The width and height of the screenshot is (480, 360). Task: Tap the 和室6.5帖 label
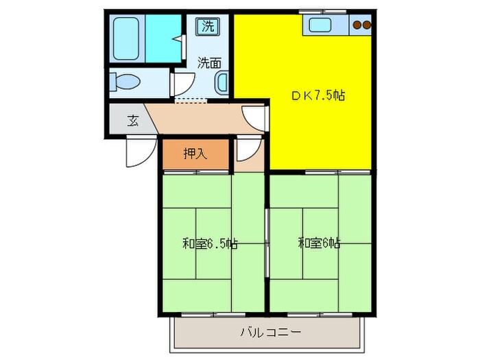[x=210, y=243]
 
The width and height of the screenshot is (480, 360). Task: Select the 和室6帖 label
[x=320, y=243]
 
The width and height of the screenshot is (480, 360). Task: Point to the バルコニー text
[x=270, y=333]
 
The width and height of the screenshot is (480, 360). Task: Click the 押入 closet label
[x=195, y=154]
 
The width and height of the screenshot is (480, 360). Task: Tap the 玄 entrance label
[x=132, y=121]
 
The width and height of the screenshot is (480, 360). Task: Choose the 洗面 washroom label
[x=210, y=63]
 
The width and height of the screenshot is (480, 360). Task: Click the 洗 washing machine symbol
[x=208, y=27]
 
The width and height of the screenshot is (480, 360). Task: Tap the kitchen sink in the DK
[x=320, y=26]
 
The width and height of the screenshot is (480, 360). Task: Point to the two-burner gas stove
[x=361, y=26]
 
